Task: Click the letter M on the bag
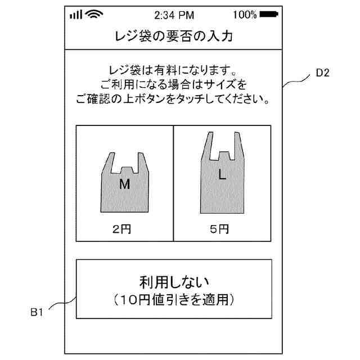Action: coord(124,185)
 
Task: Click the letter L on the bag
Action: coord(222,175)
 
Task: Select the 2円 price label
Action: coord(124,229)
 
